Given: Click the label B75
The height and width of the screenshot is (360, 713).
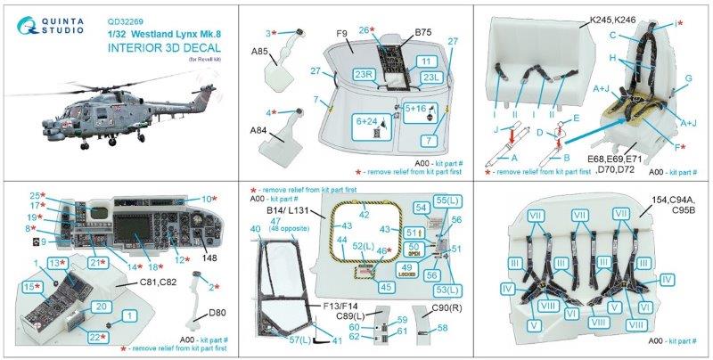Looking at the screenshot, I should (x=421, y=33).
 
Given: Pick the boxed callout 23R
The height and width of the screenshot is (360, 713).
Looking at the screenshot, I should (x=364, y=74).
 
